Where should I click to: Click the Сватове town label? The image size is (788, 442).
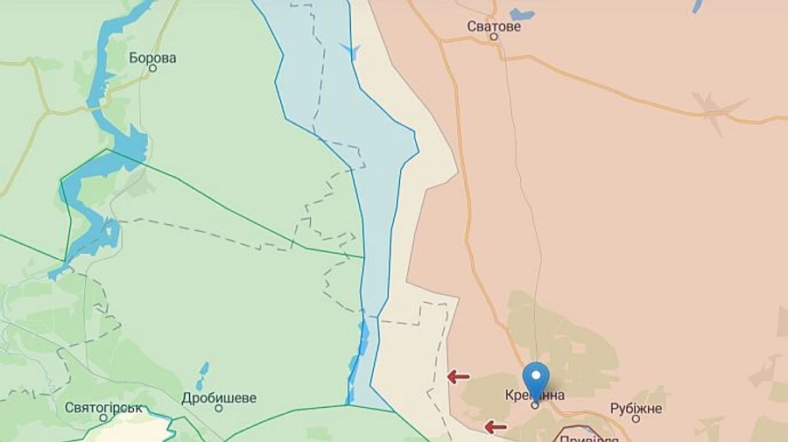(x=494, y=26)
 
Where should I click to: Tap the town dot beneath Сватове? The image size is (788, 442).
(x=494, y=38)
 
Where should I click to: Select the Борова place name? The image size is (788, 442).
(x=152, y=58)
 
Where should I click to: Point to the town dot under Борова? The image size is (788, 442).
(x=152, y=68)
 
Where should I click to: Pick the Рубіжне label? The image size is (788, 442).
(x=637, y=408)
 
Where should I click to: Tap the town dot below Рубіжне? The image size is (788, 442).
(x=637, y=419)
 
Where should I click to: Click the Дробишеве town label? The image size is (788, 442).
(x=219, y=398)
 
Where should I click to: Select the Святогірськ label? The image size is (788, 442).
(x=103, y=407)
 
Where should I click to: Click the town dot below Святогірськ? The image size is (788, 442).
(x=103, y=418)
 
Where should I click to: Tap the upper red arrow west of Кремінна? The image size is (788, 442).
(x=458, y=376)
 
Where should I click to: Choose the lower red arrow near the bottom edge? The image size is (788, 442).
(x=496, y=427)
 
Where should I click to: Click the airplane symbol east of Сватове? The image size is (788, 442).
(x=720, y=110)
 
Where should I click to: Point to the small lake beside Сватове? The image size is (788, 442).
(x=522, y=14)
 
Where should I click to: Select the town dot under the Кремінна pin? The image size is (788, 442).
(x=535, y=405)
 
